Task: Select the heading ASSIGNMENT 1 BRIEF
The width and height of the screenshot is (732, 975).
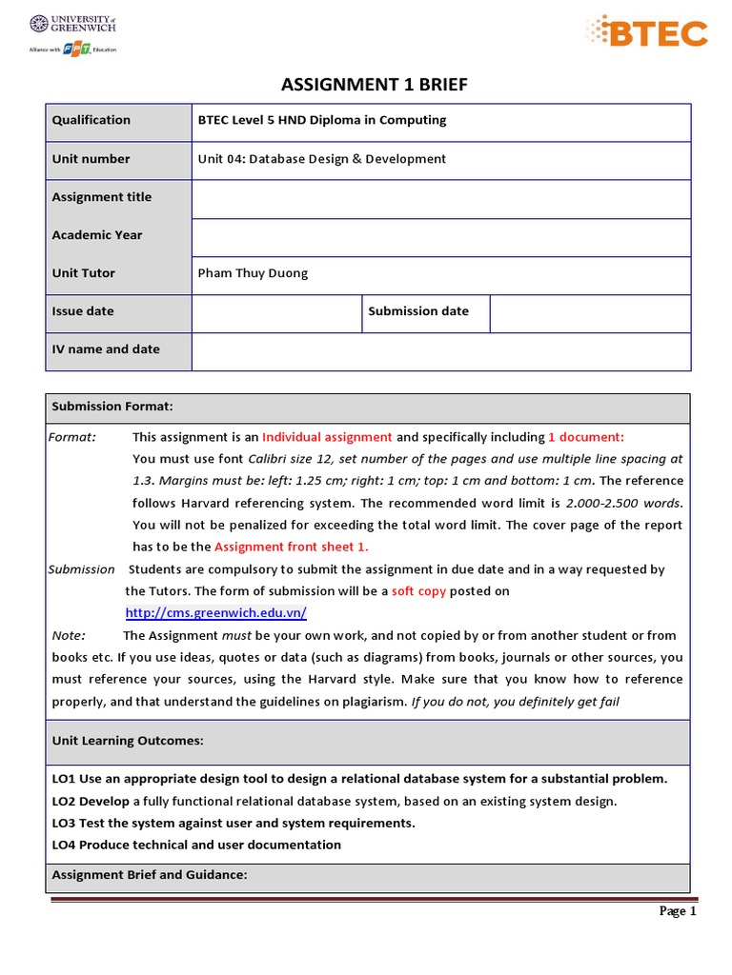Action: (375, 86)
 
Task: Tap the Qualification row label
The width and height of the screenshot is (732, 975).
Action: (91, 120)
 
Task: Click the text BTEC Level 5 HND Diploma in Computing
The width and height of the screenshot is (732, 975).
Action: (321, 120)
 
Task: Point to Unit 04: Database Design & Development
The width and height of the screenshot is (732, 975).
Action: (321, 159)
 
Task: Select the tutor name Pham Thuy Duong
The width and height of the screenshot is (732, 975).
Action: (253, 273)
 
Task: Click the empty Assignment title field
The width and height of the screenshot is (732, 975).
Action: (440, 198)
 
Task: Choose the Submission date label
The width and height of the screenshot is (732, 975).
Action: (418, 311)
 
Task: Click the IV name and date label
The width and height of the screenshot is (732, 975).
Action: (106, 349)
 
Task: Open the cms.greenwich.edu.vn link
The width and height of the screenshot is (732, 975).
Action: (215, 613)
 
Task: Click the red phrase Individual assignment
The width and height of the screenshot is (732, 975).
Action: (327, 437)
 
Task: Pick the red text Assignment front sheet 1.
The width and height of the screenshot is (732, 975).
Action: (291, 547)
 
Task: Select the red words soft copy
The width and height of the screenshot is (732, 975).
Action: (418, 591)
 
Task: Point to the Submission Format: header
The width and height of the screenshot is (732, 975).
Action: (112, 407)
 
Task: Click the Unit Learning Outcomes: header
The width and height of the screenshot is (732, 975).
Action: (127, 740)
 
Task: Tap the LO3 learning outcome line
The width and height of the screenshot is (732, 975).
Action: (234, 823)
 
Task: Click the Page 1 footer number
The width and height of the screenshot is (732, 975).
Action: (679, 911)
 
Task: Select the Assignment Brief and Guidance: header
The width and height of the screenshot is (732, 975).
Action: (150, 874)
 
